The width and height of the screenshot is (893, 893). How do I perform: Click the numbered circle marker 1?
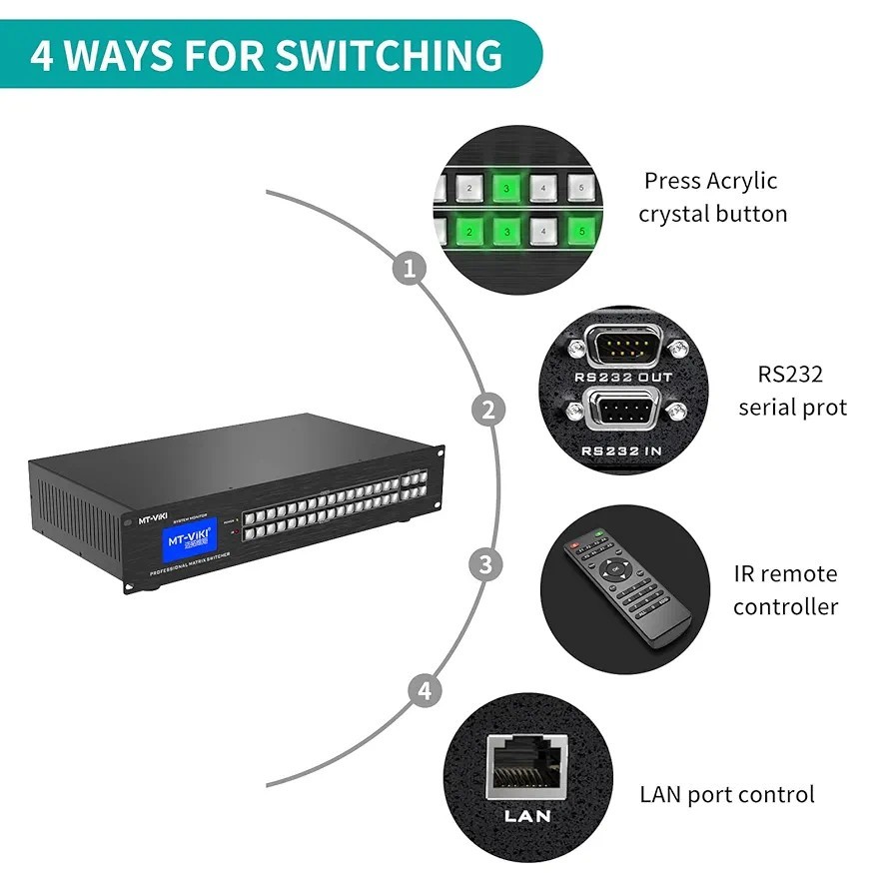click(409, 269)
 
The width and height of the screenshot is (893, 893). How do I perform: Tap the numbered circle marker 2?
click(487, 410)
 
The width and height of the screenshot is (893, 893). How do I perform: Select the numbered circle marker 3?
click(485, 564)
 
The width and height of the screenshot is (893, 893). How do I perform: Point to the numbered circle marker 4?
click(425, 690)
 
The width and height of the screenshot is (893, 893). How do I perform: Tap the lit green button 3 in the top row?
click(506, 187)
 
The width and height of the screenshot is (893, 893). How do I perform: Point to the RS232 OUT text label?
click(623, 377)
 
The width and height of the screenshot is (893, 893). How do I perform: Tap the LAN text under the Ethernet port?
click(527, 815)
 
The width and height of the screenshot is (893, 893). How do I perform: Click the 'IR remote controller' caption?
click(785, 589)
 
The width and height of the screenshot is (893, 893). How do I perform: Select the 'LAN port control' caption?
click(726, 795)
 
